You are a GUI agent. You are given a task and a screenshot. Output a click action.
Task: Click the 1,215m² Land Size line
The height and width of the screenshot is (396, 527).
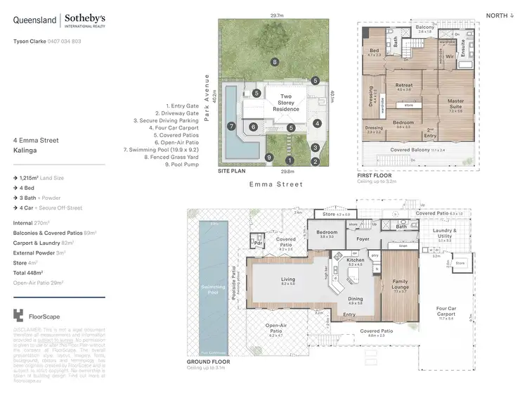point(41,179)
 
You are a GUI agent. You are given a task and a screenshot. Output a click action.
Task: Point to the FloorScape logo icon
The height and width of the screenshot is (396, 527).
point(18,316)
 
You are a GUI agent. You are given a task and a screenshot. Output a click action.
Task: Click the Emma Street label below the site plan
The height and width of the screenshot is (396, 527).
point(276,184)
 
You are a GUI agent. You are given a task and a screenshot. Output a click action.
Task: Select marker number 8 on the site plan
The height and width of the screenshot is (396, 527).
point(275,62)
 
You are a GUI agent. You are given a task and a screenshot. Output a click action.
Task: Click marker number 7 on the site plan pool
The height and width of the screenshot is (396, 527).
point(230,126)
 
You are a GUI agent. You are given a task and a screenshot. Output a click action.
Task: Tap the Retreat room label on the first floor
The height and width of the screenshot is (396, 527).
point(403,85)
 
